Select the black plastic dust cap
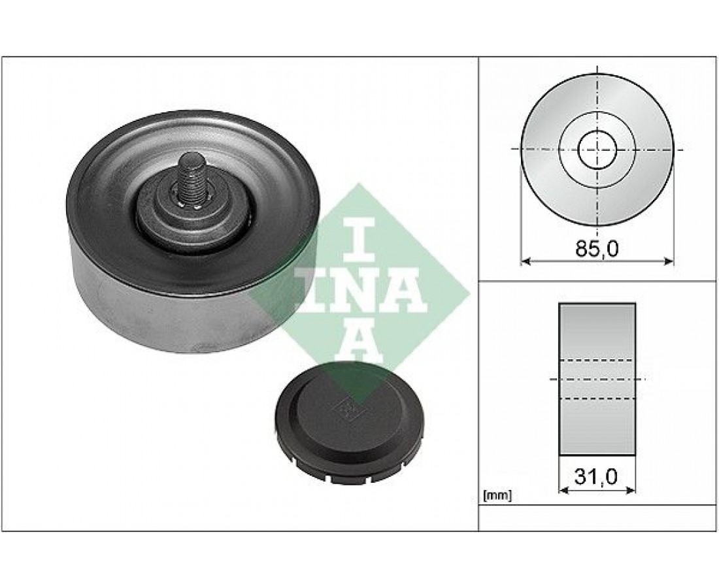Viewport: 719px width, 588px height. point(350,423)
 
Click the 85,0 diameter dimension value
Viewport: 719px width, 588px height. point(597,248)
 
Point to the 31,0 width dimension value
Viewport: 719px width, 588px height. point(596,476)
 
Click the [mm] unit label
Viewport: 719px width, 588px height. point(497,495)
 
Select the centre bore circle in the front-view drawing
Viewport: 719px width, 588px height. point(597,149)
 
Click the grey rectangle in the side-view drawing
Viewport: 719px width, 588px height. point(597,380)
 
